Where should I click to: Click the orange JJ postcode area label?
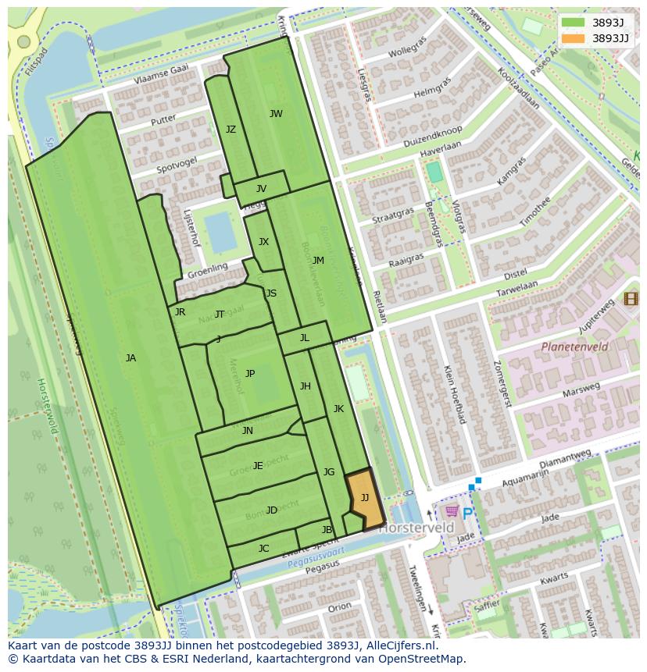pyautogui.click(x=365, y=498)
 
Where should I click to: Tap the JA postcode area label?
pyautogui.click(x=130, y=358)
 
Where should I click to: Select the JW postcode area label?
pyautogui.click(x=276, y=114)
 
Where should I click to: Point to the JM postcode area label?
pyautogui.click(x=318, y=261)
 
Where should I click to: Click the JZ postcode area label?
pyautogui.click(x=231, y=130)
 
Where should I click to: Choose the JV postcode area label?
pyautogui.click(x=261, y=189)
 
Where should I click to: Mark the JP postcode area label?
pyautogui.click(x=250, y=374)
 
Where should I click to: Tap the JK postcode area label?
pyautogui.click(x=338, y=409)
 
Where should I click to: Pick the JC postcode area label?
pyautogui.click(x=263, y=549)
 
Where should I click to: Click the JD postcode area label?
pyautogui.click(x=271, y=510)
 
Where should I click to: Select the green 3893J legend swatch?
pyautogui.click(x=573, y=23)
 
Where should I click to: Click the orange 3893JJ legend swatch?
pyautogui.click(x=573, y=38)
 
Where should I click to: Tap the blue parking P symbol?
pyautogui.click(x=467, y=513)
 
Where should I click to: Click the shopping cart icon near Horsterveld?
pyautogui.click(x=451, y=511)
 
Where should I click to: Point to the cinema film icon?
pyautogui.click(x=631, y=298)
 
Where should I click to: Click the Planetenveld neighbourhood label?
pyautogui.click(x=574, y=347)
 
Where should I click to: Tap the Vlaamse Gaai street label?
pyautogui.click(x=161, y=75)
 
